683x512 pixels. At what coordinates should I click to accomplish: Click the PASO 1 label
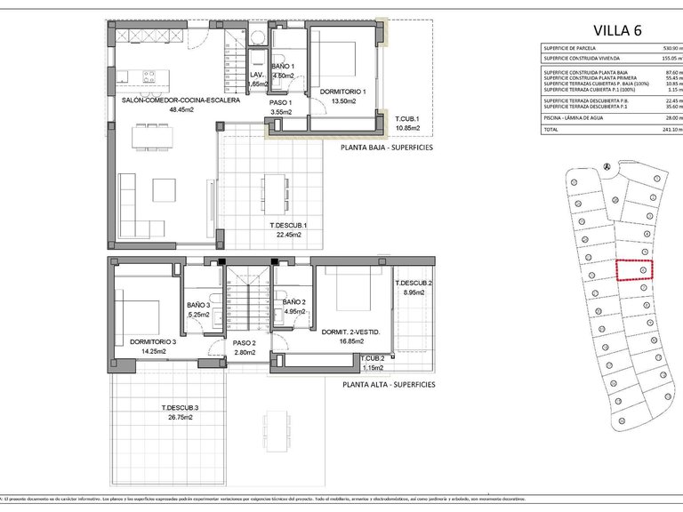[281, 102]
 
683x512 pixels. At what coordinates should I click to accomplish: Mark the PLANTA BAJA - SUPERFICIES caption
[387, 148]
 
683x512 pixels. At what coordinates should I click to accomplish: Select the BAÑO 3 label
[197, 305]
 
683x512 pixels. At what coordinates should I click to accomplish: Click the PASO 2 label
[245, 343]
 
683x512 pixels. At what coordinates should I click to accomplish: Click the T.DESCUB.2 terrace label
[414, 284]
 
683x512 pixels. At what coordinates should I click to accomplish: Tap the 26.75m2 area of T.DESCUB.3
[179, 417]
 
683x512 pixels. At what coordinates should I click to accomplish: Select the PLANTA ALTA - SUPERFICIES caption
[389, 385]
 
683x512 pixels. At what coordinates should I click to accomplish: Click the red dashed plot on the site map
[635, 269]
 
